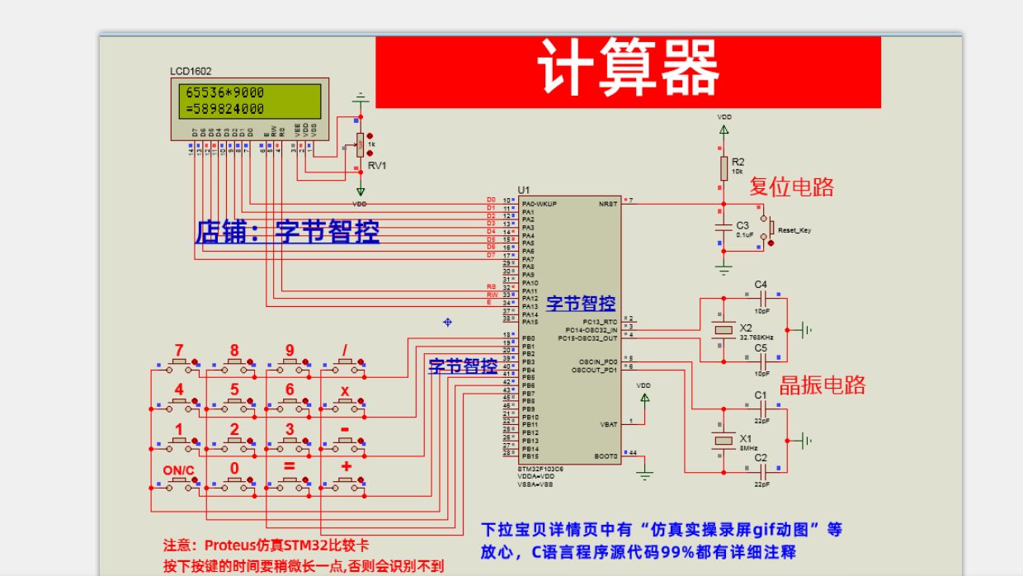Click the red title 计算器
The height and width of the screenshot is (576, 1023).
[x=628, y=68]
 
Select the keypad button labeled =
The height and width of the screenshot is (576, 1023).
[x=290, y=481]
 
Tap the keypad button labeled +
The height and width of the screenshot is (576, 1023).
[x=346, y=481]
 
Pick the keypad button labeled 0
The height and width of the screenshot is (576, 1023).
[x=234, y=481]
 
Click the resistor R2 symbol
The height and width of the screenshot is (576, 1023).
[x=724, y=168]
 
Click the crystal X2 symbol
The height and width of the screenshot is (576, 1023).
[x=724, y=330]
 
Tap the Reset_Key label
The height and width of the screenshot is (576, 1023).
[x=794, y=230]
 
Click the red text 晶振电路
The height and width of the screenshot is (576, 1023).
[x=822, y=385]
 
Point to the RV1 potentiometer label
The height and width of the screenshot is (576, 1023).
[x=377, y=165]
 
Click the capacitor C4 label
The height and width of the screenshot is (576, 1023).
[x=761, y=285]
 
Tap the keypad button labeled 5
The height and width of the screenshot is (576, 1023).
[x=234, y=401]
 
